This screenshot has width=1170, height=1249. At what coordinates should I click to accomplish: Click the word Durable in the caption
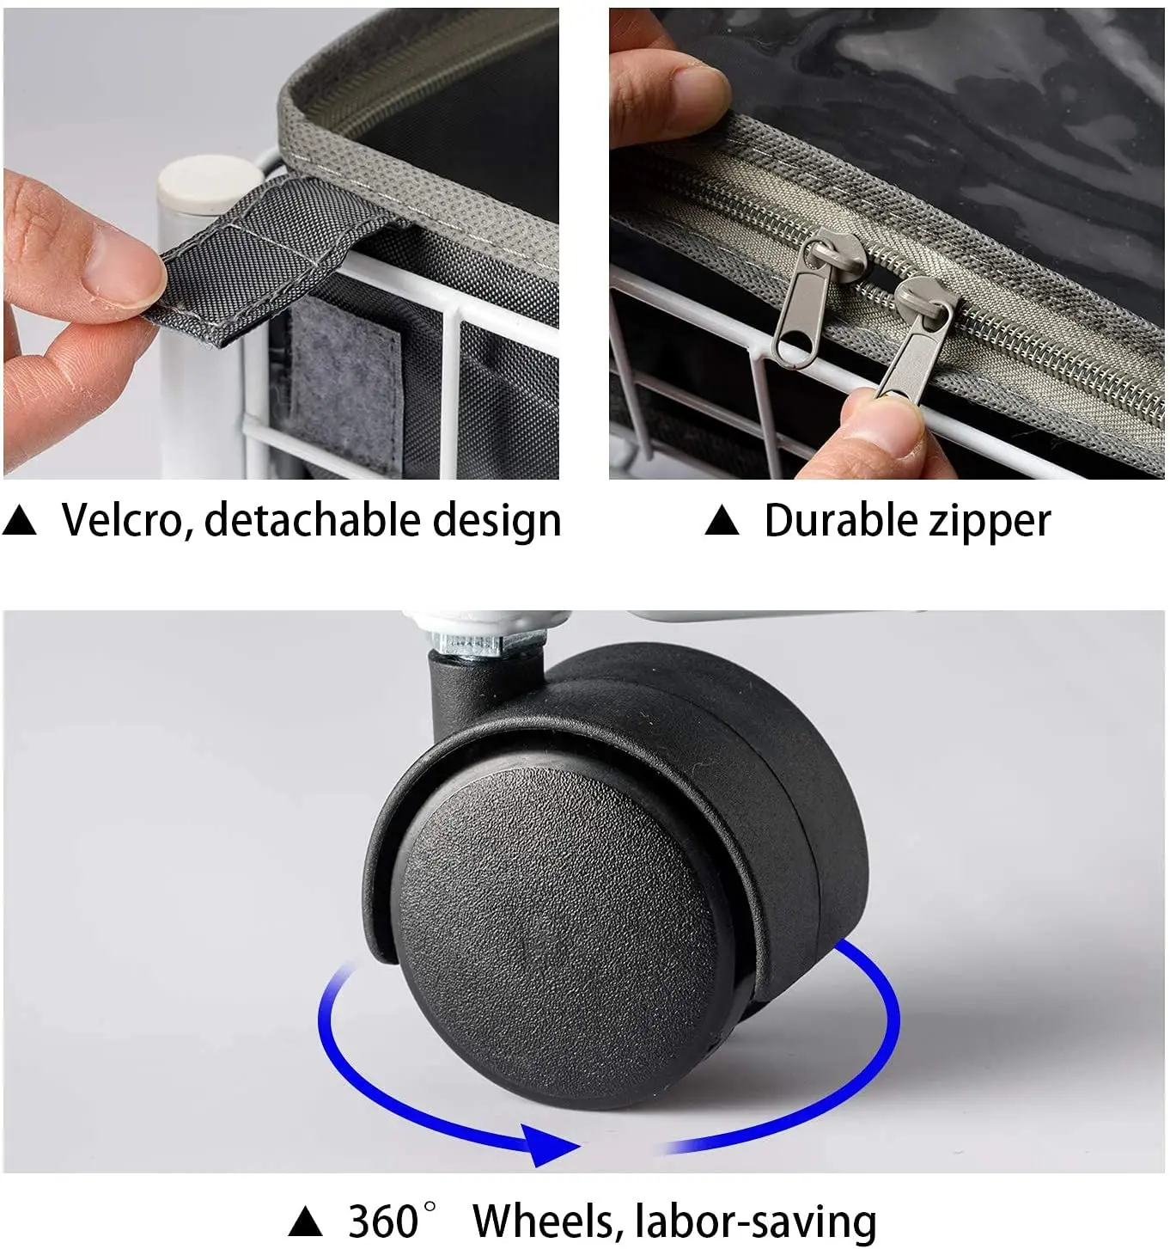point(841,520)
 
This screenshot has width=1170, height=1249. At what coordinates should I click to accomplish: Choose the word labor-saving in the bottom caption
point(756,1222)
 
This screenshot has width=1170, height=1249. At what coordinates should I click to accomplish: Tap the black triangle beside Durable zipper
point(722,521)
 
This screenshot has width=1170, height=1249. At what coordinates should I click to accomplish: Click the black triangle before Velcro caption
point(19,521)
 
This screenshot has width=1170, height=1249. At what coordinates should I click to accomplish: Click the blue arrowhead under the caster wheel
point(548,1145)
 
